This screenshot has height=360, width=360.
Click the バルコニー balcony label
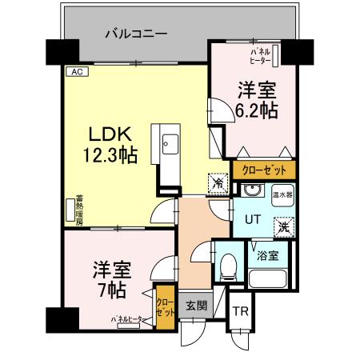click(x=136, y=34)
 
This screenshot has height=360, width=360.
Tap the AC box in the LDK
click(x=77, y=71)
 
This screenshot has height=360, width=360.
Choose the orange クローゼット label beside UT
click(x=264, y=170)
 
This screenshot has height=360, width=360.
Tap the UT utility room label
click(x=253, y=218)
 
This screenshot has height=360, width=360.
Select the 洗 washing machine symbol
click(x=284, y=226)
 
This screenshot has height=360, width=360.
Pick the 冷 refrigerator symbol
click(x=217, y=184)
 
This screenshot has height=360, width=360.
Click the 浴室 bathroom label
click(x=268, y=256)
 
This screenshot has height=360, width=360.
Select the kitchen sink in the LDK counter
click(x=171, y=146)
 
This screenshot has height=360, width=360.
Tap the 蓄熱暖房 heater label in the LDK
click(x=79, y=210)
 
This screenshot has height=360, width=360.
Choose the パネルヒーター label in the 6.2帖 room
click(x=259, y=54)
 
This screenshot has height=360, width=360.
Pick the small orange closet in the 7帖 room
click(x=164, y=306)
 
